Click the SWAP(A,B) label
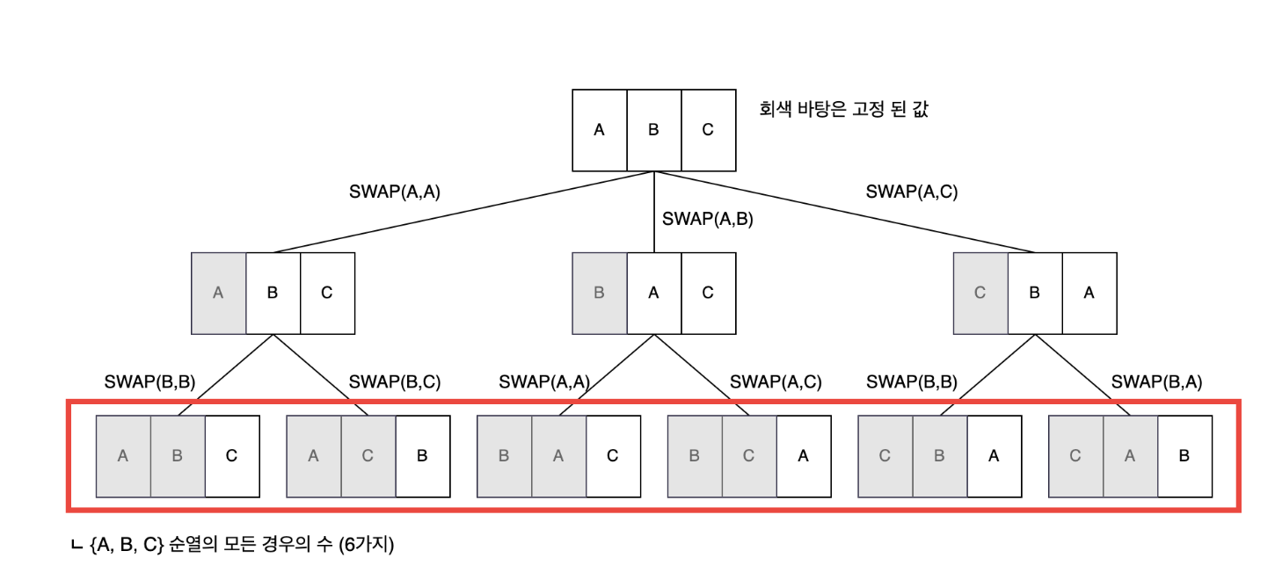(707, 219)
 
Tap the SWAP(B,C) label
(395, 381)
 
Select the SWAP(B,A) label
(1156, 381)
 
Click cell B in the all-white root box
(653, 130)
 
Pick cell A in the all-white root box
(599, 130)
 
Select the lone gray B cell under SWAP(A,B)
(599, 294)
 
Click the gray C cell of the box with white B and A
(980, 294)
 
